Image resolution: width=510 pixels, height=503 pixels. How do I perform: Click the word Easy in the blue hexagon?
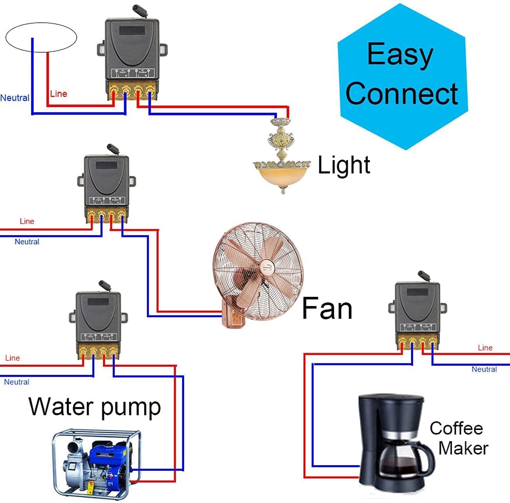coord(400,55)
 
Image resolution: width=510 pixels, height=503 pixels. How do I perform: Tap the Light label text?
coord(344,165)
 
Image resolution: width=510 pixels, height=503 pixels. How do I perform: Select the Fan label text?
coord(327,308)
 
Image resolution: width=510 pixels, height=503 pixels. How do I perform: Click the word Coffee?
coord(456,428)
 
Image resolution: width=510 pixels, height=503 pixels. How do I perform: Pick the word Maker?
coord(463,448)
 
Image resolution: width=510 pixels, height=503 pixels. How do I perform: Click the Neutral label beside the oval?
coord(15,98)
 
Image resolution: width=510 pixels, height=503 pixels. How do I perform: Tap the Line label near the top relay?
coord(58,94)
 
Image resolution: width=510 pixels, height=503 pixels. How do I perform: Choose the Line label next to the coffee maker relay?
coord(485,348)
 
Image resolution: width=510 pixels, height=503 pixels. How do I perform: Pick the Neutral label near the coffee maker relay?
coord(484,369)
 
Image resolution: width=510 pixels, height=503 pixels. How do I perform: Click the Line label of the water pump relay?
coord(12,358)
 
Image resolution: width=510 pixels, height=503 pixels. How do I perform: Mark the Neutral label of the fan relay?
coord(27,242)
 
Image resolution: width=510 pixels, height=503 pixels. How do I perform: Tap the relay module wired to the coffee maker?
coord(417,310)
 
